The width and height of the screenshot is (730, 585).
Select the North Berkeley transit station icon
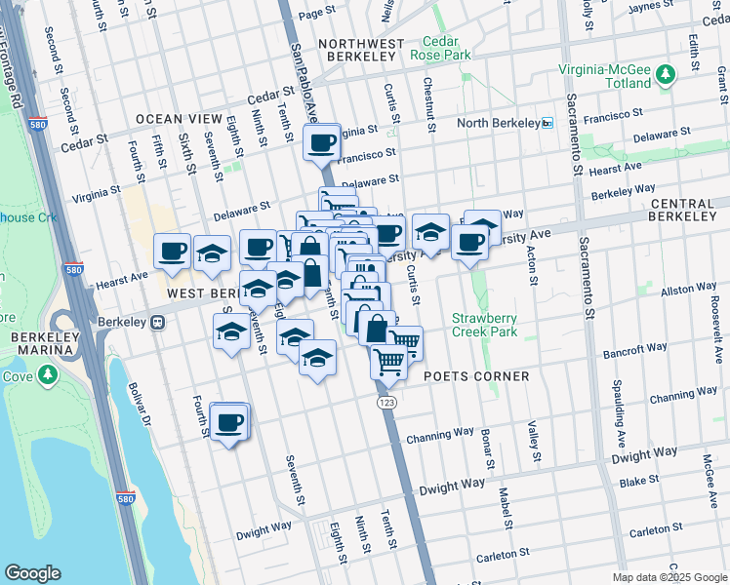(547, 123)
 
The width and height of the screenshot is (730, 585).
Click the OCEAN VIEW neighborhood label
(180, 119)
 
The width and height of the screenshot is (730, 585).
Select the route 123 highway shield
(387, 401)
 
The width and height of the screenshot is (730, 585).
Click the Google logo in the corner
(32, 573)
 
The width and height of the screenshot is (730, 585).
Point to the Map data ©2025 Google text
(669, 577)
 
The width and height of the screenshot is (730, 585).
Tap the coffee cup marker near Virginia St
(321, 144)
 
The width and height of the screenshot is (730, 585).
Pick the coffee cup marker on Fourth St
(229, 422)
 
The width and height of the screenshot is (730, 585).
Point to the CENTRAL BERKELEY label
(686, 209)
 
